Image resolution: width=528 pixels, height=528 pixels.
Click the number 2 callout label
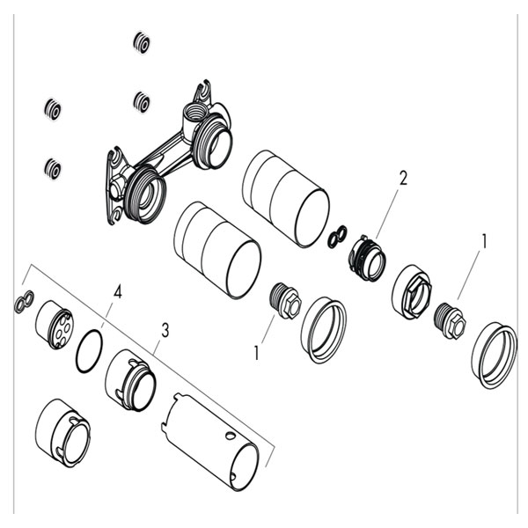(x=403, y=178)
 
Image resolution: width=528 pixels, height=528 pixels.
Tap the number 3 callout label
(x=165, y=330)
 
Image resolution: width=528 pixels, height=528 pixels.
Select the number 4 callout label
(x=118, y=291)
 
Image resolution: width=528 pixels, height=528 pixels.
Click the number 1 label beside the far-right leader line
(x=484, y=241)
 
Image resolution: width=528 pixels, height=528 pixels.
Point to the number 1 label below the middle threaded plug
(x=257, y=353)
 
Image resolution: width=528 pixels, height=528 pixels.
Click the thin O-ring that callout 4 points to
(x=78, y=351)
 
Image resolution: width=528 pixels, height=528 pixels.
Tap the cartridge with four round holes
(x=54, y=325)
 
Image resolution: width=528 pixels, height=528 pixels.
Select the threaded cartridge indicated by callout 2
(x=365, y=257)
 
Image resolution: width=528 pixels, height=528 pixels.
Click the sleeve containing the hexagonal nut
(x=412, y=292)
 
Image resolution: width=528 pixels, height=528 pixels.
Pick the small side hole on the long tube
(x=231, y=436)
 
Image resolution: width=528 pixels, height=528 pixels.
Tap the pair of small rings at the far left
(x=24, y=301)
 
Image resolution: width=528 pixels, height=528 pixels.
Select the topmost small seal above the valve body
(x=142, y=43)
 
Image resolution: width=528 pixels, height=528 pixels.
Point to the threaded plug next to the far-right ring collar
(x=450, y=320)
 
